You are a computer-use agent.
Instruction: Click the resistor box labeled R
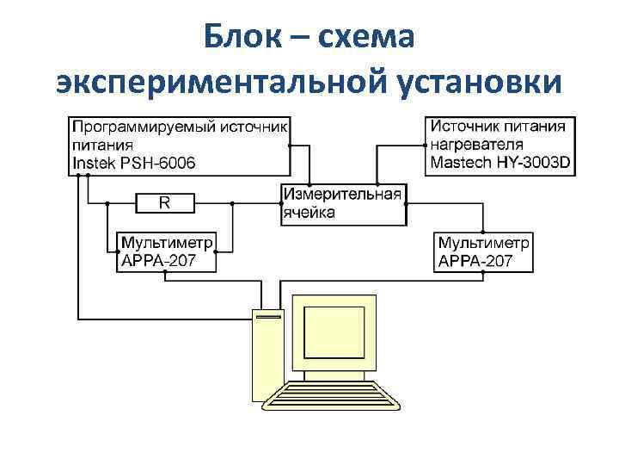point(165,203)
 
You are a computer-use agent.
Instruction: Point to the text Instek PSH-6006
point(133,163)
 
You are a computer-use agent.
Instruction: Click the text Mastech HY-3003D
point(500,163)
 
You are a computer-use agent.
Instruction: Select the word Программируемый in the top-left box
point(131,127)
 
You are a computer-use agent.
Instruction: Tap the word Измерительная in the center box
point(342,195)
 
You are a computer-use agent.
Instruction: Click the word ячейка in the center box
point(309,212)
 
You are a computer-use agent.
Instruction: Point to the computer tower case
point(266,353)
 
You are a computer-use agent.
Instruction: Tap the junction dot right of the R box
point(231,204)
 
